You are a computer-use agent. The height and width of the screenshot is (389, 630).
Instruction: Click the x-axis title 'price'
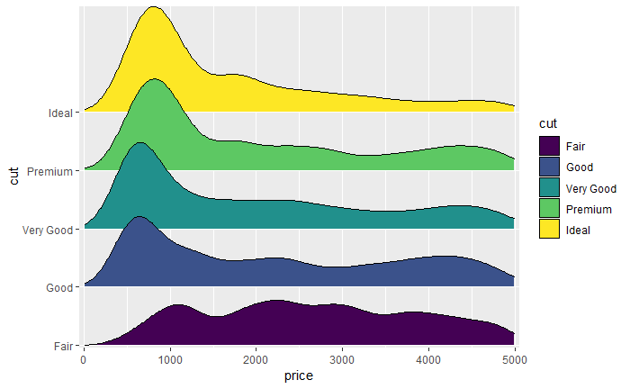point(298,375)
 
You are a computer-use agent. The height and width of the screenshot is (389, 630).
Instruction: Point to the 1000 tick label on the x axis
point(170,359)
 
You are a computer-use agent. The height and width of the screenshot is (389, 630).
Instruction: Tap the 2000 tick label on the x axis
point(256,359)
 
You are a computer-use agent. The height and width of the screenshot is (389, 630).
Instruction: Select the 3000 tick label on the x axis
point(343,359)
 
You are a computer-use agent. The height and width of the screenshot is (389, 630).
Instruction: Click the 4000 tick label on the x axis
point(428,359)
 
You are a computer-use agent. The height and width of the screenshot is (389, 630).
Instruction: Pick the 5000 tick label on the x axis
point(514,359)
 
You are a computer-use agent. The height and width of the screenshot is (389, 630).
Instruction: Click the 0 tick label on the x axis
point(85,359)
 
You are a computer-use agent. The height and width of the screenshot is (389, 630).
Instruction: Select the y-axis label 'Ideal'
point(61,113)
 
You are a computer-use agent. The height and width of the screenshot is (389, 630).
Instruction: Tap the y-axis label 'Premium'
point(50,171)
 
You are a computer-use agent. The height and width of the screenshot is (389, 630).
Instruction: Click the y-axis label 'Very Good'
point(46,230)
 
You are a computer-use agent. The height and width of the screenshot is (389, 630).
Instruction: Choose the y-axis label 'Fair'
point(63,346)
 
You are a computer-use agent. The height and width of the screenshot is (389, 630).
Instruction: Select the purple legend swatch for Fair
point(549,146)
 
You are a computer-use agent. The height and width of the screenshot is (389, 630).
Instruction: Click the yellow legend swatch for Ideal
point(549,230)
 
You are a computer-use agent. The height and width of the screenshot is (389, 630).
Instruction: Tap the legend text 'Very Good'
point(590,188)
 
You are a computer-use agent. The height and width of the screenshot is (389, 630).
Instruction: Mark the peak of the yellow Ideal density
point(153,7)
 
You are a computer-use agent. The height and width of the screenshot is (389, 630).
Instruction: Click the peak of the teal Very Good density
point(139,142)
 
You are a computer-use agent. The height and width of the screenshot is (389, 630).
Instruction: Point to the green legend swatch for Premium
point(549,209)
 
